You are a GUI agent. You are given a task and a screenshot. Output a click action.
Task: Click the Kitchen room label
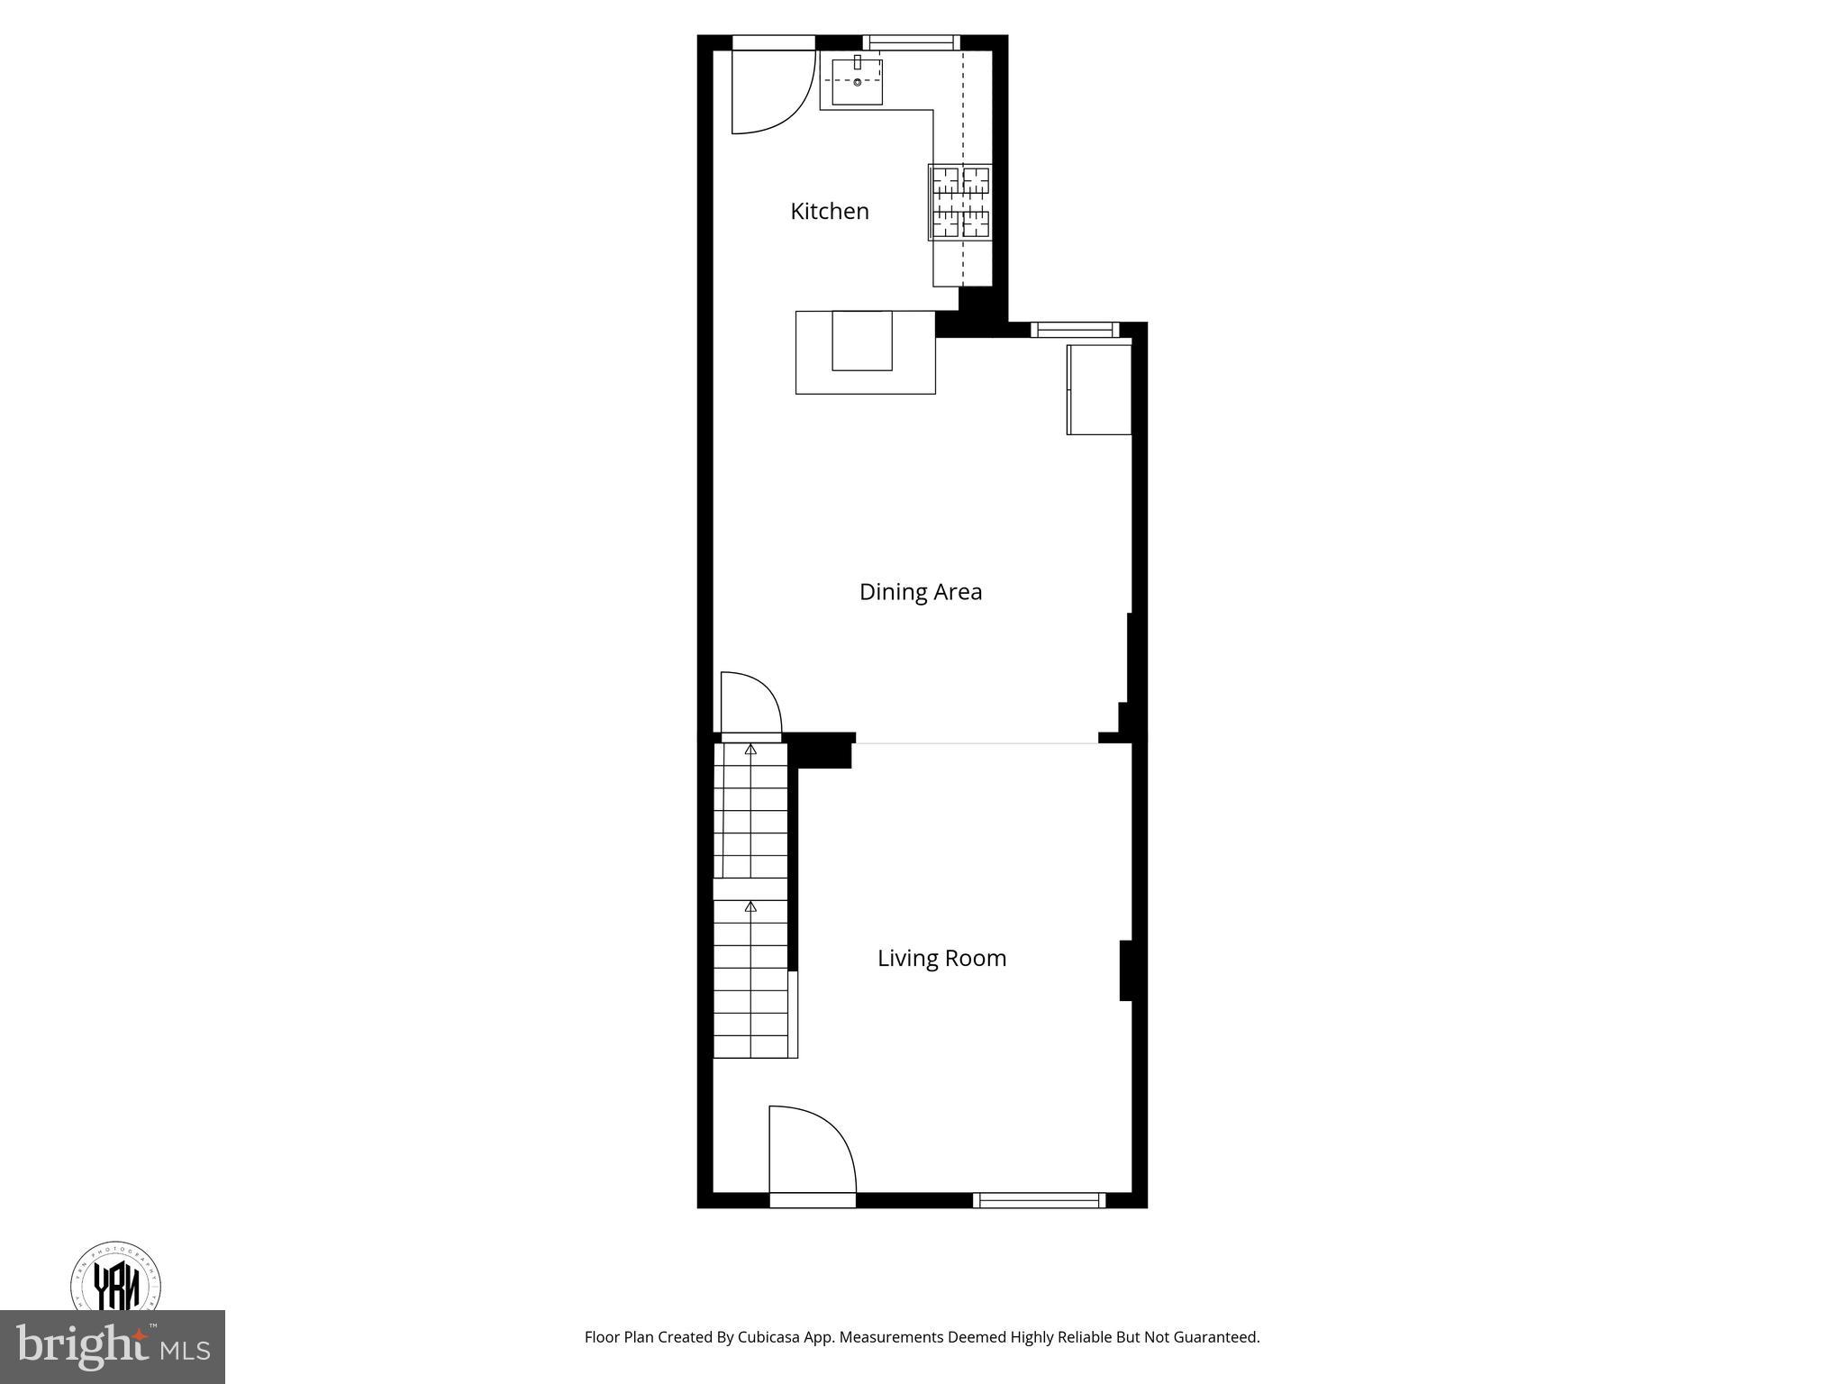829,211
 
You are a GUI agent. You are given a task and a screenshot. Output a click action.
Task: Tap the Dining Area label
920,592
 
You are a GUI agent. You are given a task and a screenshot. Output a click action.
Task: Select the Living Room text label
941,958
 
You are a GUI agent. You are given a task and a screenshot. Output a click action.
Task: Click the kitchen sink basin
856,82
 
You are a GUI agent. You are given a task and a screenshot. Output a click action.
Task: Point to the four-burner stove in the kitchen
959,202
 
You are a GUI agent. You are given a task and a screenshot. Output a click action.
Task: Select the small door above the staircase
750,707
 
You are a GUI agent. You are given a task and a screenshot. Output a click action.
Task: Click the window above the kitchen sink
911,41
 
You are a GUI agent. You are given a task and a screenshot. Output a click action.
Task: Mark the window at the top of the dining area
1075,329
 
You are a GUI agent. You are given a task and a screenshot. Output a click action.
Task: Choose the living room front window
1039,1199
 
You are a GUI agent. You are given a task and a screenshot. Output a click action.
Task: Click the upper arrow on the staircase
750,749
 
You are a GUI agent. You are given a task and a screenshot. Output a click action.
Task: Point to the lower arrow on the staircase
750,906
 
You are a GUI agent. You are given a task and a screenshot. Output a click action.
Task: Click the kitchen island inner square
861,341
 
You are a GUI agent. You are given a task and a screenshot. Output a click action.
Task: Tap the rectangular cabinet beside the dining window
1098,389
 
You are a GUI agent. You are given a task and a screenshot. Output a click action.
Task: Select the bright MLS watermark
112,1346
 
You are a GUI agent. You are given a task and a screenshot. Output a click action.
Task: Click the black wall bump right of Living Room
1125,970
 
